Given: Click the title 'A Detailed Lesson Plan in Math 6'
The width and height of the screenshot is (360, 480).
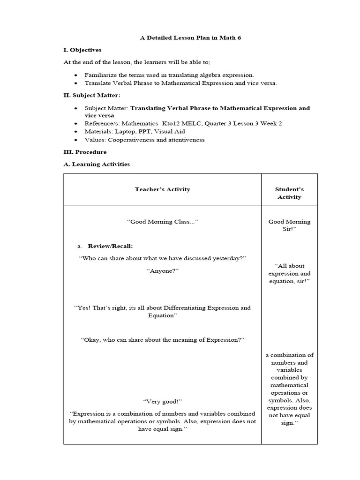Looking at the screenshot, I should pyautogui.click(x=191, y=38).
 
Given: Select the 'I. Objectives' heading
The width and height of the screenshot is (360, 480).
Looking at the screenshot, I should pyautogui.click(x=82, y=50).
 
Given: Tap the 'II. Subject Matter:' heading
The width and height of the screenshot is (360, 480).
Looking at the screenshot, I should pyautogui.click(x=92, y=96).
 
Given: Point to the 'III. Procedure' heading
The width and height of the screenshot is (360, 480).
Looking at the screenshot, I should pyautogui.click(x=85, y=152).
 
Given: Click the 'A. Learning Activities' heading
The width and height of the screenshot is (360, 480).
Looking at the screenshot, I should pyautogui.click(x=97, y=165).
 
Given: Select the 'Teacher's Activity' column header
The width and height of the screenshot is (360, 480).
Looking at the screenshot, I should pyautogui.click(x=162, y=189).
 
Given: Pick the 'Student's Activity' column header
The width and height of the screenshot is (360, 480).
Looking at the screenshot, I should pyautogui.click(x=289, y=193).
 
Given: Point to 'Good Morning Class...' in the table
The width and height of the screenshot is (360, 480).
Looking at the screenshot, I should pyautogui.click(x=162, y=222).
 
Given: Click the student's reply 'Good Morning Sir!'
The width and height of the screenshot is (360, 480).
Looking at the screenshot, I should pyautogui.click(x=289, y=225).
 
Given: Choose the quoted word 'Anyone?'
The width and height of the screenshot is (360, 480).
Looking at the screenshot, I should pyautogui.click(x=162, y=271).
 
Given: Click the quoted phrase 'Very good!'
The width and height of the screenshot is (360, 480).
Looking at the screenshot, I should pyautogui.click(x=162, y=402).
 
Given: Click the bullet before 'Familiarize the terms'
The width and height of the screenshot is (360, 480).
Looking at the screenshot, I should pyautogui.click(x=76, y=75).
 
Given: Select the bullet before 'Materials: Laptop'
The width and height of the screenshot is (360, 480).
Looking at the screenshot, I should pyautogui.click(x=76, y=132).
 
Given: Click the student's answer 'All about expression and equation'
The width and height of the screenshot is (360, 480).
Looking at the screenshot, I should pyautogui.click(x=289, y=273).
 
